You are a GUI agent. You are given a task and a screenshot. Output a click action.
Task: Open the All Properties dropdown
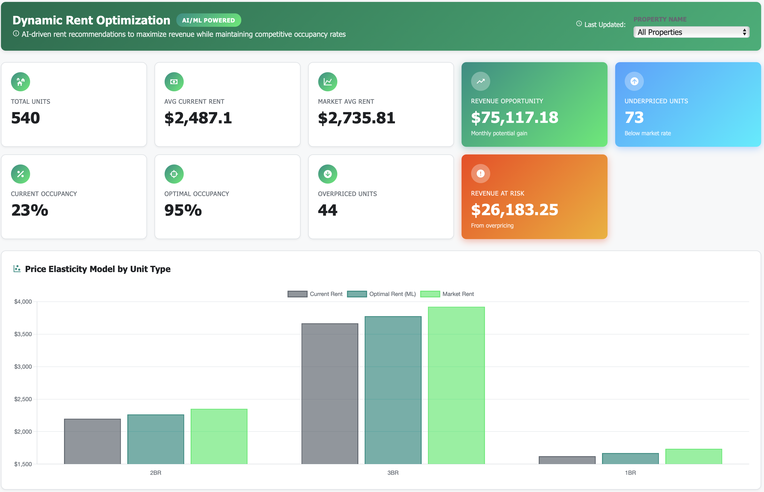click(691, 32)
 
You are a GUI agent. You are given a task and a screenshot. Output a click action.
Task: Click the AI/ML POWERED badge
click(209, 20)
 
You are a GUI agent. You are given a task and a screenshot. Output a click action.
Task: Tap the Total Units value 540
click(26, 118)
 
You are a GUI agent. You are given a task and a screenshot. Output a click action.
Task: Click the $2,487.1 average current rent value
click(198, 118)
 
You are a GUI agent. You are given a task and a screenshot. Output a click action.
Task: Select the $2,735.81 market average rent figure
click(356, 118)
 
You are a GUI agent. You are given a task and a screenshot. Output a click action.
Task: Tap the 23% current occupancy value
click(30, 210)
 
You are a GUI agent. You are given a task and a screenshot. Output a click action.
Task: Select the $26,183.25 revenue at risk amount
click(514, 210)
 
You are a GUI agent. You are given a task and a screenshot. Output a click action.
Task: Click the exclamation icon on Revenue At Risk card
click(480, 174)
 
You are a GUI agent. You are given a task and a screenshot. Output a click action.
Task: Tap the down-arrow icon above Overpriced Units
click(328, 174)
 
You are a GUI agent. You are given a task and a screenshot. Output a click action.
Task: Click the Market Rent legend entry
click(447, 294)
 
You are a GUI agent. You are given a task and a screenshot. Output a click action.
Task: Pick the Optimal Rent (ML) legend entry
click(382, 294)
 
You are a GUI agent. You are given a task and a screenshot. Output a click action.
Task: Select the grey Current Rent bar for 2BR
click(92, 441)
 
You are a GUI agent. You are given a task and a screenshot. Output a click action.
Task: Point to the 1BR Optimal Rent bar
click(630, 459)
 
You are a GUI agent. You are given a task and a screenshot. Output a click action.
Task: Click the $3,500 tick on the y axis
click(23, 334)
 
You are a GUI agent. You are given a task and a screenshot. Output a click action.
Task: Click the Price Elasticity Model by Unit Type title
click(98, 269)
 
